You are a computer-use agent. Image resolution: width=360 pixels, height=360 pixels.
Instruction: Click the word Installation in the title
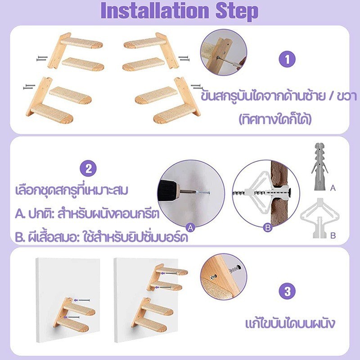coord(154,11)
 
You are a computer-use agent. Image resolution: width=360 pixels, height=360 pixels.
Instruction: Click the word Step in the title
coord(237,12)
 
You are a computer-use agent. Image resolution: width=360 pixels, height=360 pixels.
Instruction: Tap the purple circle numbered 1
coord(287,59)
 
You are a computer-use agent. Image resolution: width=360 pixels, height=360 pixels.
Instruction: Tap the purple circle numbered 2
coord(88,169)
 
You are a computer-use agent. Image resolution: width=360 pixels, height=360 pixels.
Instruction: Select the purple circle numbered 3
coord(287,292)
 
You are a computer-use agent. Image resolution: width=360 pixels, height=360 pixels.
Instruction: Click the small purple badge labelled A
coord(190,228)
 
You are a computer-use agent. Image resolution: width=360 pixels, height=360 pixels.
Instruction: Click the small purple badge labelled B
coord(268,228)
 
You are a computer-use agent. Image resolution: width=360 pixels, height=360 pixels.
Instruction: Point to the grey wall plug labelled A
coord(319,166)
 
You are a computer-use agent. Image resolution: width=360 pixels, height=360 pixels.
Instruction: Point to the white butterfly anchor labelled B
coord(319,218)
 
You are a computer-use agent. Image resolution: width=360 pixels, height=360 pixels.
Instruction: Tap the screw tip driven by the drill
coord(209,193)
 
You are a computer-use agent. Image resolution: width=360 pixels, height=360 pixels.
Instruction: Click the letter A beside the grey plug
coord(333,188)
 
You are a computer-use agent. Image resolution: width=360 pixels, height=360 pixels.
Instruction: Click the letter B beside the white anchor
coord(333,235)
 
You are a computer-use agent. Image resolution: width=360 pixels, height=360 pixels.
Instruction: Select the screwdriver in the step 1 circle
coord(231,62)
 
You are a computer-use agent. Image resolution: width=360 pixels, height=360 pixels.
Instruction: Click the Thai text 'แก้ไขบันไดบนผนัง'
coord(290,323)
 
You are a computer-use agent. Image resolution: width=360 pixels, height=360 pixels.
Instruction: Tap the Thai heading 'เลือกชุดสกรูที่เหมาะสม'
coord(72,190)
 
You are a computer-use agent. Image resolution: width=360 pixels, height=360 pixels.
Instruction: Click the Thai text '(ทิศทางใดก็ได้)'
coord(275,119)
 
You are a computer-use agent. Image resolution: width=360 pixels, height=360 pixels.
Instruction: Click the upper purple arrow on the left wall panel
coord(82,300)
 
